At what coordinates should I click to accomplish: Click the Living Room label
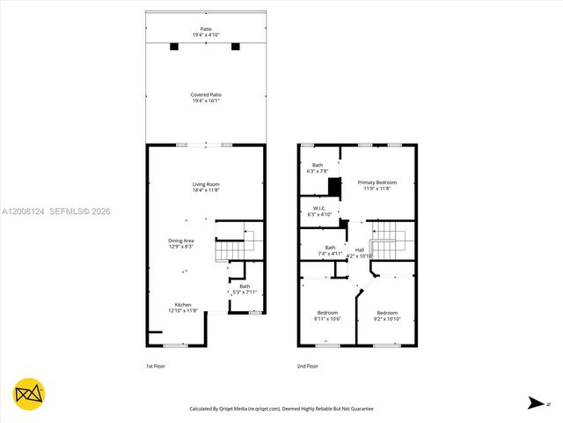[x=206, y=187]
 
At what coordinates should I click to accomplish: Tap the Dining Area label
[x=181, y=243]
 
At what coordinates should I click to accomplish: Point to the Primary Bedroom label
[x=377, y=185]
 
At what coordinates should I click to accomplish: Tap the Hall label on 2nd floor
[x=360, y=253]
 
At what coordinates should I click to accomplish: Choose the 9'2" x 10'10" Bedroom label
[x=387, y=315]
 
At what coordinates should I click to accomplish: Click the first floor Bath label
[x=245, y=288]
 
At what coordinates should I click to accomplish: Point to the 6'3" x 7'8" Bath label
[x=318, y=167]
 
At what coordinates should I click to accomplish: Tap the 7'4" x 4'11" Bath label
[x=330, y=249]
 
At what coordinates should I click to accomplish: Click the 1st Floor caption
[x=156, y=366]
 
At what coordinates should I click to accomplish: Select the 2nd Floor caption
[x=307, y=366]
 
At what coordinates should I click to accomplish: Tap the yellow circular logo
[x=30, y=394]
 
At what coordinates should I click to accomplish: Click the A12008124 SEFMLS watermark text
[x=55, y=211]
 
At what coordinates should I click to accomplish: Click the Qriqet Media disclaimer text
[x=281, y=409]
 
